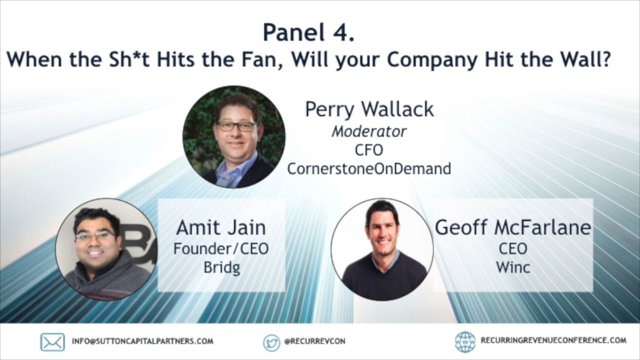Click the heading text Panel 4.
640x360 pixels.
click(x=308, y=33)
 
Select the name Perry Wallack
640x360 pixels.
click(x=369, y=109)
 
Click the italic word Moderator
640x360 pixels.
click(x=369, y=132)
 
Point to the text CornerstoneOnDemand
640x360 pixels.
click(x=369, y=169)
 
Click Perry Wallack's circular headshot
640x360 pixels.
click(x=234, y=137)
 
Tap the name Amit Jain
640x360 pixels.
click(x=221, y=228)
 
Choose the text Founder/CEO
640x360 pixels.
click(x=221, y=249)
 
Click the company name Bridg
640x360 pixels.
click(x=222, y=267)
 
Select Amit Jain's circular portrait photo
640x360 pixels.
click(x=106, y=249)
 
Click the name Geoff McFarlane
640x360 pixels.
click(x=513, y=228)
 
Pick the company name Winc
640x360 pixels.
click(x=513, y=267)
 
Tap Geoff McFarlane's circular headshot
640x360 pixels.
click(x=382, y=249)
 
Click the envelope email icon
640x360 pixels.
click(x=53, y=342)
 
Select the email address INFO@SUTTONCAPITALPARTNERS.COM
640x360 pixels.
click(x=143, y=341)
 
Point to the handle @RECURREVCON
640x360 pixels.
click(x=315, y=341)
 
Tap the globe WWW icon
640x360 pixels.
click(x=465, y=342)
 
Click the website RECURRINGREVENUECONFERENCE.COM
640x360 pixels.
click(x=553, y=340)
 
